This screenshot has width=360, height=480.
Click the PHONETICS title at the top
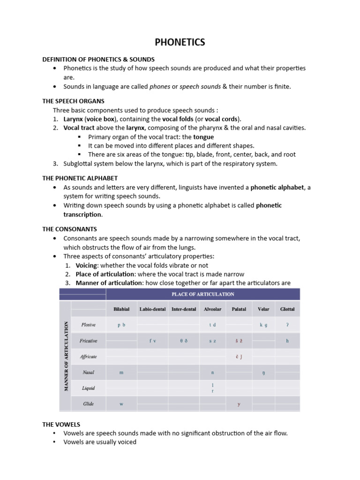tap(180, 42)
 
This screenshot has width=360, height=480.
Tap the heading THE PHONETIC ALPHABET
tap(80, 178)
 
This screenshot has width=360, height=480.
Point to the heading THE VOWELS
tap(61, 424)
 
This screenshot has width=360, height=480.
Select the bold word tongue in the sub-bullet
tap(203, 137)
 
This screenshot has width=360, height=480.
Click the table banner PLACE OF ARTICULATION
tap(202, 294)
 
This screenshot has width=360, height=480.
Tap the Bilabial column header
tap(121, 309)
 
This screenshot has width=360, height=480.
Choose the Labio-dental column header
tap(152, 309)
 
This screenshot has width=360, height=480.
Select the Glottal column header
tap(287, 309)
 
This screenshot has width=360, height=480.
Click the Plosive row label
tap(89, 324)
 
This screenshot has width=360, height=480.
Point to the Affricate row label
tap(89, 357)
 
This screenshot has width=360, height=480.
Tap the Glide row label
tap(89, 404)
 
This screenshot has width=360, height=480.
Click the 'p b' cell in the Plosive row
tap(121, 324)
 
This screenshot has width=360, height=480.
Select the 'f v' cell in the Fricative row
tap(152, 341)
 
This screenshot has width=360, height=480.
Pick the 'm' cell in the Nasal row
tap(121, 373)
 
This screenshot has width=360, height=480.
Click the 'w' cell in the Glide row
tap(121, 404)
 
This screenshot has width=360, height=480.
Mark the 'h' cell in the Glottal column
tap(287, 341)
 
